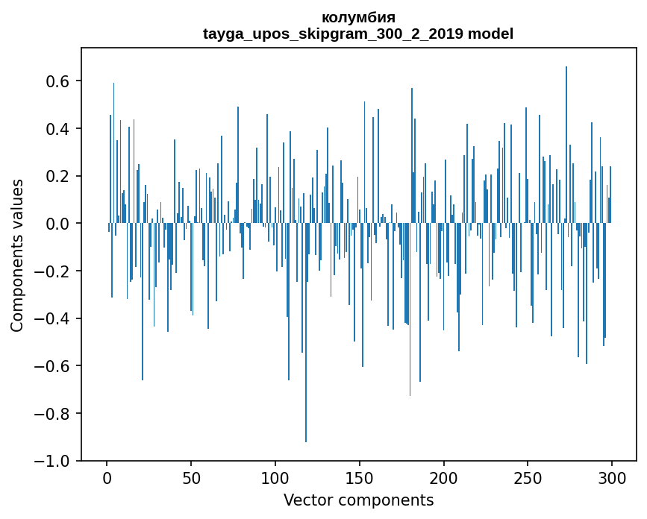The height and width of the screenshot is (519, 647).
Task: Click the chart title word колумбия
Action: coord(358,17)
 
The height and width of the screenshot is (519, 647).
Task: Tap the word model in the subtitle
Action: coord(490,34)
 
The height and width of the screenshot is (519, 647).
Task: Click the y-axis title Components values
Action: coord(17,254)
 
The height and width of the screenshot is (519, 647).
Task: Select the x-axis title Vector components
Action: coord(358,500)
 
